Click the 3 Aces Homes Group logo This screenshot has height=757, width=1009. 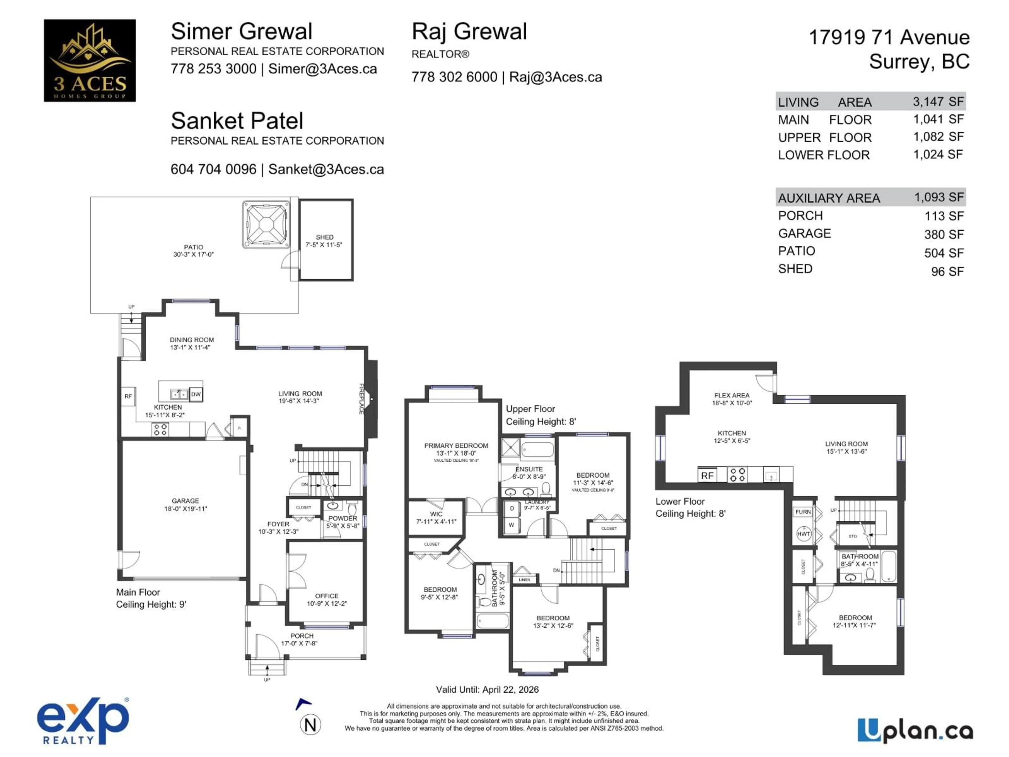coord(89,60)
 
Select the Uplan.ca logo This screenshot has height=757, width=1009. coord(915,730)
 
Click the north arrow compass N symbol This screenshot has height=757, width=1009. coord(310,725)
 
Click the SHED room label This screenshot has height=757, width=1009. coord(324,237)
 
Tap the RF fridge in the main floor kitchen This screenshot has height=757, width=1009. coord(128,396)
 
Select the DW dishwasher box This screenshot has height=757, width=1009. coord(196,394)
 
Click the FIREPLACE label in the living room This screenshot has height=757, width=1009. coord(361,399)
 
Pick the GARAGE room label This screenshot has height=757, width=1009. coord(185,500)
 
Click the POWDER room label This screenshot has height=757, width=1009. coord(343,518)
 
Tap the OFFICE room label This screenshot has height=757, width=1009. coord(327,596)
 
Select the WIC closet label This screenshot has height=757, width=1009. coord(436,514)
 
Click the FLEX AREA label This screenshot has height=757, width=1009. coord(732,395)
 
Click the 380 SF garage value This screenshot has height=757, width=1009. coord(944,234)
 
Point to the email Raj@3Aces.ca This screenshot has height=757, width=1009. coord(555,77)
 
